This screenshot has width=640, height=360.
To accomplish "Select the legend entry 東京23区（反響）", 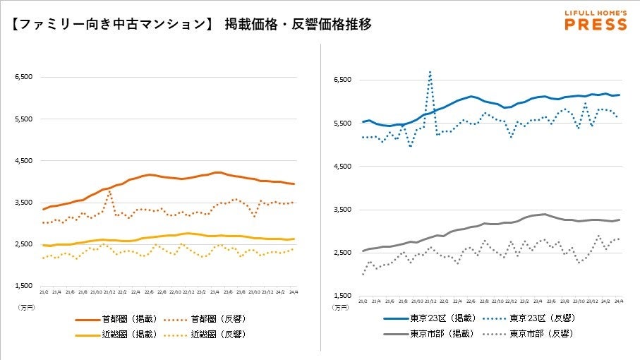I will click(x=541, y=318).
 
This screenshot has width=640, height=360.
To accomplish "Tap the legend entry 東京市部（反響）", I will click(x=541, y=334).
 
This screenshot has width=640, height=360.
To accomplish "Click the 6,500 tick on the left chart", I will click(x=24, y=77).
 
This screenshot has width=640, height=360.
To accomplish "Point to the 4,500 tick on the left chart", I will click(x=24, y=161).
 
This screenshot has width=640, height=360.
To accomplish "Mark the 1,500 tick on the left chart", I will click(x=24, y=286).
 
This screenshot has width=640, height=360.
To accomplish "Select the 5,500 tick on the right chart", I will click(x=342, y=124).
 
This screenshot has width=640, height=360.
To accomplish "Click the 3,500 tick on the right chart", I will click(x=342, y=210).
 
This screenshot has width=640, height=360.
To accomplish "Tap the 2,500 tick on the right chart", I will click(x=342, y=253).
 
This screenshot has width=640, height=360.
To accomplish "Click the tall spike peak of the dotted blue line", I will click(x=430, y=71).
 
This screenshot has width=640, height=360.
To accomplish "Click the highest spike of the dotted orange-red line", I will click(x=109, y=191).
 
